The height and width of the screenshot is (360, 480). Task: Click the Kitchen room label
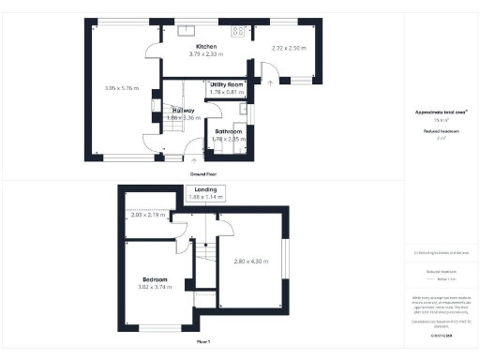tap(205, 46)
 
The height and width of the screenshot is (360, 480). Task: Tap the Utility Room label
tap(227, 84)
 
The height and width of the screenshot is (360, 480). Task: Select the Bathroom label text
tap(228, 132)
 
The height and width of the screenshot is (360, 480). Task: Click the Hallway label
tap(184, 110)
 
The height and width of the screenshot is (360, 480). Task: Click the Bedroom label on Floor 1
tap(155, 279)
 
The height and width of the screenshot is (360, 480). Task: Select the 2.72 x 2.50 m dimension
tap(289, 47)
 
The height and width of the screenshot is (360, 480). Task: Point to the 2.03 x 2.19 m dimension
tap(148, 216)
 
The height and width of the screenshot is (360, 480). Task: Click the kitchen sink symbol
tap(187, 30)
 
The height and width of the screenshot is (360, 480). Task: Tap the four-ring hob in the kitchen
tap(238, 31)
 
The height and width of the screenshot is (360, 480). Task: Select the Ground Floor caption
tap(204, 174)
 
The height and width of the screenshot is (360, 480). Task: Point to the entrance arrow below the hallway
tap(189, 145)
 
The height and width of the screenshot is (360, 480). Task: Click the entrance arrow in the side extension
tap(271, 82)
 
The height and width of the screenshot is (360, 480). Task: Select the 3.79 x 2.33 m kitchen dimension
tap(205, 53)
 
